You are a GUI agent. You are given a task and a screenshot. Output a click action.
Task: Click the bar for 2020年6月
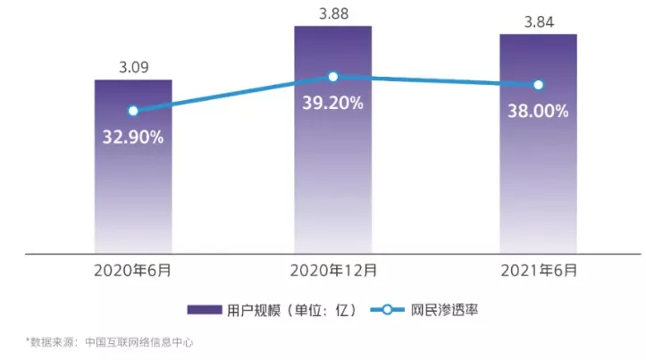click(x=133, y=179)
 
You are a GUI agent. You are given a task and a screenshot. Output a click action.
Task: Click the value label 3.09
click(x=133, y=66)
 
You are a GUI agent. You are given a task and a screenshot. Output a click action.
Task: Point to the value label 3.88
click(x=333, y=13)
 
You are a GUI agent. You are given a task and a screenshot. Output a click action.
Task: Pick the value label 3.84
click(x=538, y=21)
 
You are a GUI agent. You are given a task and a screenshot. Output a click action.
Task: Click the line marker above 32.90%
click(x=133, y=111)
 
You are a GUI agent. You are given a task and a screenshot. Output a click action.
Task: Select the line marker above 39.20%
click(x=333, y=77)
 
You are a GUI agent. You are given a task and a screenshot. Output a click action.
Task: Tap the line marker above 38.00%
click(x=538, y=85)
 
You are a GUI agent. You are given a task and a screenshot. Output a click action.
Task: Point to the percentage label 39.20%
click(x=333, y=103)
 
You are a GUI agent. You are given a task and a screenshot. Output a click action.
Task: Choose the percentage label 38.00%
click(x=538, y=113)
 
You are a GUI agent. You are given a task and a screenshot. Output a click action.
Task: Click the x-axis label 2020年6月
click(x=133, y=269)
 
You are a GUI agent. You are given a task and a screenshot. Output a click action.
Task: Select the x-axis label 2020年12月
click(x=333, y=269)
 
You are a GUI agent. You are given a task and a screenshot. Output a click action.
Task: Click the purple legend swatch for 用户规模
click(x=204, y=310)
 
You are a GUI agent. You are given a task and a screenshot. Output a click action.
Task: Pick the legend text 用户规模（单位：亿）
click(x=292, y=310)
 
